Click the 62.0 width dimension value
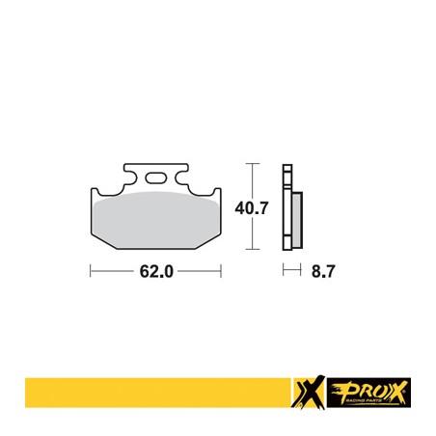[x=155, y=272]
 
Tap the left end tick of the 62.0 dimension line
[x=91, y=272]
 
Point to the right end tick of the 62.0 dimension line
[x=223, y=272]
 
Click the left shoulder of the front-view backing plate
[x=96, y=192]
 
